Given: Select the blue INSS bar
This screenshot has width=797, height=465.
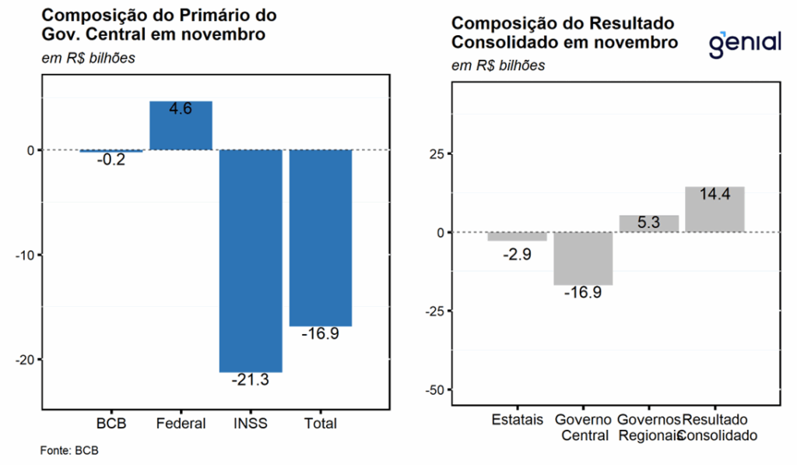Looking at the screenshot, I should pos(251,260).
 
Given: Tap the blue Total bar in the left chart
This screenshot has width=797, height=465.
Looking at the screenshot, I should pos(321,238).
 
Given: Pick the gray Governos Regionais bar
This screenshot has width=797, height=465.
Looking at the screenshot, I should pos(649,224).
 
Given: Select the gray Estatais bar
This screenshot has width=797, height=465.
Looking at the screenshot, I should pos(517,236).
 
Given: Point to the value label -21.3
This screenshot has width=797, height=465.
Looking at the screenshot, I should pos(251,380).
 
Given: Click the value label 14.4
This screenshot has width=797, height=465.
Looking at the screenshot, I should pos(714,195).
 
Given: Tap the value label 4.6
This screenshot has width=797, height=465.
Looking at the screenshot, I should pos(181,110).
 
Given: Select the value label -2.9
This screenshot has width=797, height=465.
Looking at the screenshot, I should pos(517,254).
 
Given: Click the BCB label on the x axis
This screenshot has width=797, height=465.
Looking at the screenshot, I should pos(111,424).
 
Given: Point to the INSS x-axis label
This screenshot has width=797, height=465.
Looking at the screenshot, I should pos(251,424).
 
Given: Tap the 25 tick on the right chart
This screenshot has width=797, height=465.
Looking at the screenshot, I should pos(438,153).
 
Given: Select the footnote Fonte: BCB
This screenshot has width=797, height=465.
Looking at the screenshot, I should pos(69,450).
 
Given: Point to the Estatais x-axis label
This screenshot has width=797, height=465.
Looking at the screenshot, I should pos(517,420).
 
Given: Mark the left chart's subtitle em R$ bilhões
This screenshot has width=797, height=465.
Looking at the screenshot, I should pos(88,58).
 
